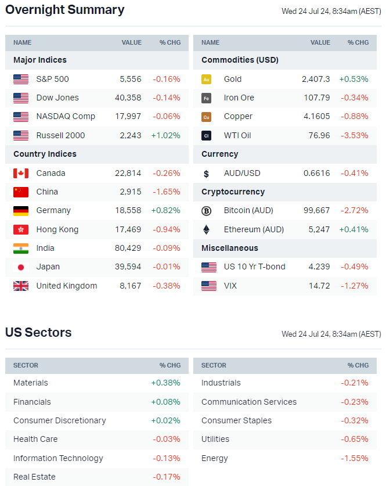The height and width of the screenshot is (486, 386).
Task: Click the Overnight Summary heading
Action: tap(64, 10)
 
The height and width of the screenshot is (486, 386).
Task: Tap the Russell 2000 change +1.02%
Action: tap(167, 135)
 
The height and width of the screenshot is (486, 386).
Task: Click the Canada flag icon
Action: tap(21, 173)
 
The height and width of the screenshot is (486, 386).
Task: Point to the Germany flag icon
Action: tap(21, 211)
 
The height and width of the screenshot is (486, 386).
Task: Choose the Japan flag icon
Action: tap(21, 267)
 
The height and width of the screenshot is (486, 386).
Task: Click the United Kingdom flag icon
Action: tap(21, 286)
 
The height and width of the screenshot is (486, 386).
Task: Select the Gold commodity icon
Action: tap(206, 80)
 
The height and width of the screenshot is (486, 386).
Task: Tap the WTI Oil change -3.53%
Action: tap(354, 135)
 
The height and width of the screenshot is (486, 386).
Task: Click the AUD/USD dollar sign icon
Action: tap(206, 174)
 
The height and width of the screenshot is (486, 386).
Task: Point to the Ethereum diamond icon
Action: tap(206, 229)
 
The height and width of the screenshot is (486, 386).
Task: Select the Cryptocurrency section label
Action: tap(233, 192)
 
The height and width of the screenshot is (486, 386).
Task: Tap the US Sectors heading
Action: tap(38, 333)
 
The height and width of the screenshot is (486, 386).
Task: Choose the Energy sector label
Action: tap(214, 458)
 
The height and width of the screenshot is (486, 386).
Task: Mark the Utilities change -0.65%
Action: tap(354, 439)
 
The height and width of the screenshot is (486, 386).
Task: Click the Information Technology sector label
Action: tap(58, 458)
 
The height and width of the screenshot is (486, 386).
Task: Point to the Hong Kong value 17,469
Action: tap(128, 229)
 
